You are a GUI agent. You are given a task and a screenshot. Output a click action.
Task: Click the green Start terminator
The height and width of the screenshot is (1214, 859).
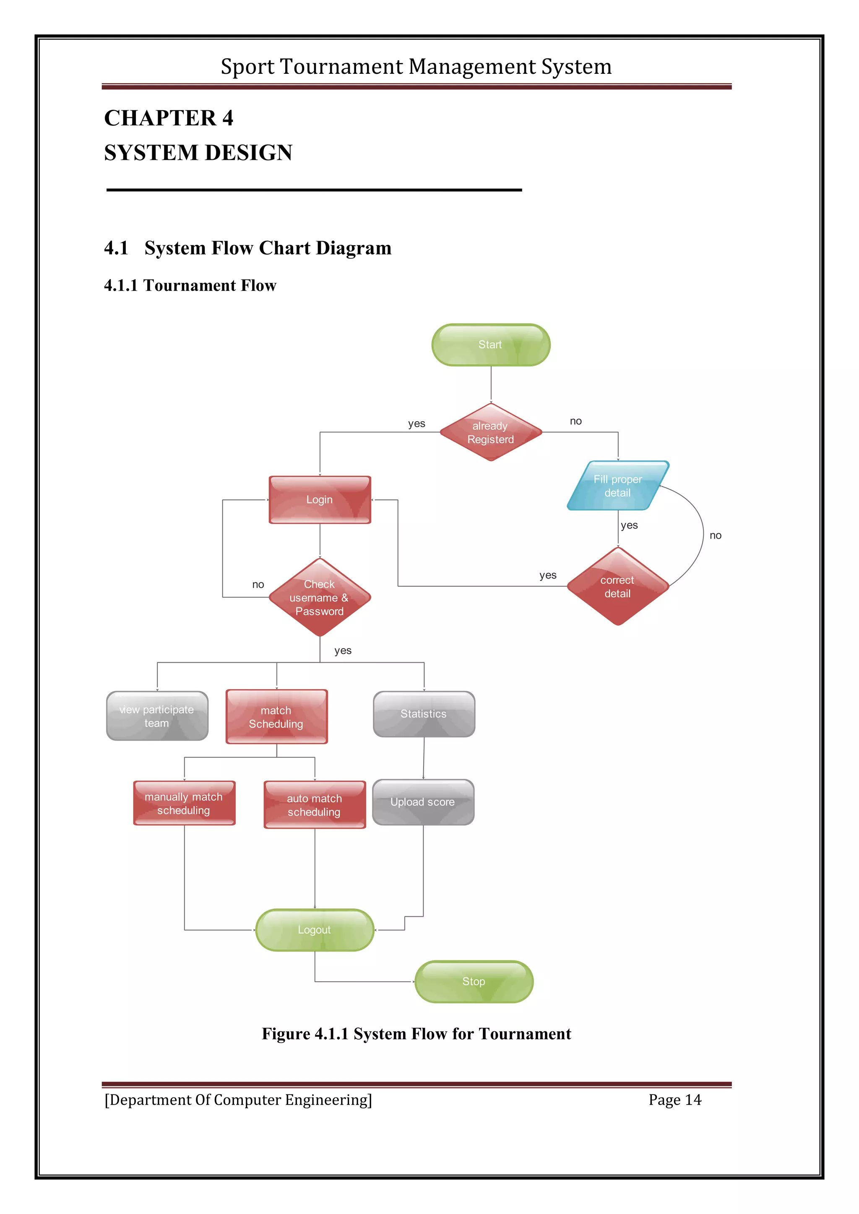[490, 345]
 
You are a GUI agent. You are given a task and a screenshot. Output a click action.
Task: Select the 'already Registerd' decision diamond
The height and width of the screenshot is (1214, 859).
[490, 433]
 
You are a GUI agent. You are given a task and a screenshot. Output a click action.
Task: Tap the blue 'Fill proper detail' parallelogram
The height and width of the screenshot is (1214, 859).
[617, 485]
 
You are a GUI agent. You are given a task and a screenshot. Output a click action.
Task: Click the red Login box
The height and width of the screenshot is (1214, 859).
[320, 500]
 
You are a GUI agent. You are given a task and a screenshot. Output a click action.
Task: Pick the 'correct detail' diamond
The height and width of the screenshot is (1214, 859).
[617, 586]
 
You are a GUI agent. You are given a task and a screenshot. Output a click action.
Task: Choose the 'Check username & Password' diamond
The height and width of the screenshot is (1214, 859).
[320, 597]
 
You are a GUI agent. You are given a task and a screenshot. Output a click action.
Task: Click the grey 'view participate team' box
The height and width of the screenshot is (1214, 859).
[157, 716]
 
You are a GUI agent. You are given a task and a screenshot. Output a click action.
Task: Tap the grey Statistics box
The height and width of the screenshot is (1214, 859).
[424, 714]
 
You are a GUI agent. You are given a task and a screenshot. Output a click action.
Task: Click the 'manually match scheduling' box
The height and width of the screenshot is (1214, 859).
[184, 803]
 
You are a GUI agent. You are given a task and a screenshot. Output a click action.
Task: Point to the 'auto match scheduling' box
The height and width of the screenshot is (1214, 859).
[314, 805]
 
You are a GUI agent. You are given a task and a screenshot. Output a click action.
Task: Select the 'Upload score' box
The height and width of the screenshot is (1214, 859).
[423, 802]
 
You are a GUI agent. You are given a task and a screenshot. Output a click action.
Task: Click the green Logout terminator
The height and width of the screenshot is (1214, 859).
[314, 930]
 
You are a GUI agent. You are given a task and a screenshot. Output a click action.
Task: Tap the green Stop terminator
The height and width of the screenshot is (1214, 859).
[474, 981]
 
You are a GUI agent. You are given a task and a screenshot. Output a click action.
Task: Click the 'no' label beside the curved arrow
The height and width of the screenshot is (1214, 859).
[715, 536]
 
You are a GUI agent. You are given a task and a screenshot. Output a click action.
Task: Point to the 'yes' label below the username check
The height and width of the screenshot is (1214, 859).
[343, 651]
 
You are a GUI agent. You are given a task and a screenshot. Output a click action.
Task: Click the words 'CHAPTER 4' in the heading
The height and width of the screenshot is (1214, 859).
[169, 118]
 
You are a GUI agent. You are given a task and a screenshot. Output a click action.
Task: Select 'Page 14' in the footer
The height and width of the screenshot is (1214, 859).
[674, 1100]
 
